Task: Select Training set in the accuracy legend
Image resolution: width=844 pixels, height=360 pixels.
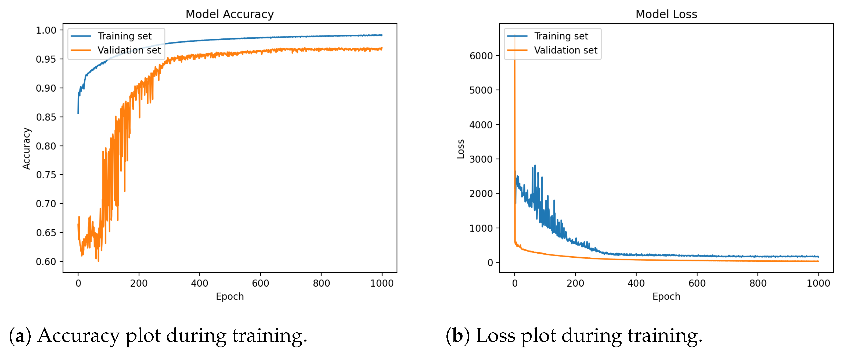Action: (x=124, y=36)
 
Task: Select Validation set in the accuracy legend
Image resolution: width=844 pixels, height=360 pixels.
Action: (x=129, y=50)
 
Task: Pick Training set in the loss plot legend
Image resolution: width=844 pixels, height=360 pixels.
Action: (x=561, y=36)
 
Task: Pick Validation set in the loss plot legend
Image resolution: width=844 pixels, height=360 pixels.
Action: (x=565, y=50)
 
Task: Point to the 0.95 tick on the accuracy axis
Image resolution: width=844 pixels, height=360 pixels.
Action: (x=46, y=59)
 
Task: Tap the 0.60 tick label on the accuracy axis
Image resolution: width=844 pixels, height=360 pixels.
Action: (x=46, y=262)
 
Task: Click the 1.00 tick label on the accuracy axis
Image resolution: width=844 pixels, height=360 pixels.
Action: (x=46, y=30)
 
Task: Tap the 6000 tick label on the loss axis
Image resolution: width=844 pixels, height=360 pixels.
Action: (x=481, y=56)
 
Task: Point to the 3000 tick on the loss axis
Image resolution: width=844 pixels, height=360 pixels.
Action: (x=481, y=159)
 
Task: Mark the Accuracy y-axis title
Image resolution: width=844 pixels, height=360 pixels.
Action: (x=26, y=148)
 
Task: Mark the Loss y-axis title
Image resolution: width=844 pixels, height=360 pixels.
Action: (x=461, y=149)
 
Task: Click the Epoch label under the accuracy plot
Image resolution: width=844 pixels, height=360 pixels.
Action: (x=230, y=296)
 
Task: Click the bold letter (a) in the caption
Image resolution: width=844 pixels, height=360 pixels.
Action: (x=20, y=336)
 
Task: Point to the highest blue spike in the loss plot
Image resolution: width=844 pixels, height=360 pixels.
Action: (x=535, y=166)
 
